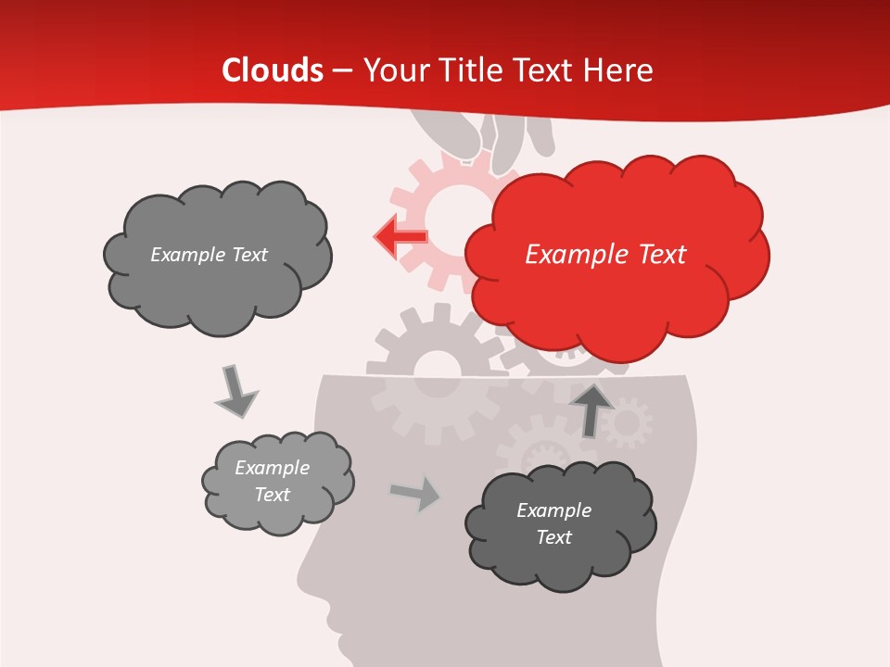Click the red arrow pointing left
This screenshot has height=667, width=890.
pos(400,236)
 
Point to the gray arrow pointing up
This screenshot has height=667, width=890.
pos(591,409)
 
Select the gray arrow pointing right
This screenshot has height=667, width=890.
pos(415,494)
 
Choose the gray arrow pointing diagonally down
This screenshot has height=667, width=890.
pos(235,391)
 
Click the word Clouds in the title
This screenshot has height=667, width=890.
pos(273,70)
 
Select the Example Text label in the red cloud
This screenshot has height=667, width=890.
pos(605,255)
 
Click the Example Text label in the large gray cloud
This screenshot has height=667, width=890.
pos(209,255)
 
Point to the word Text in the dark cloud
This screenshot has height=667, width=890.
pos(553,537)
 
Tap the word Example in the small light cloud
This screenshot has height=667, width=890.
pos(272,468)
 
